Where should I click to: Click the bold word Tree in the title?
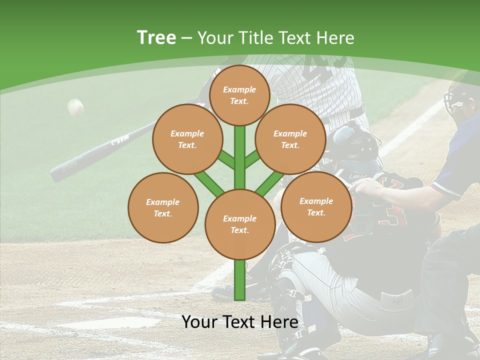(156, 37)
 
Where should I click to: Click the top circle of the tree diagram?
(239, 95)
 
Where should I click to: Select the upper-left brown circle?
(187, 139)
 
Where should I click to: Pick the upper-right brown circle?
(290, 139)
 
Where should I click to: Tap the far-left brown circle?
(163, 207)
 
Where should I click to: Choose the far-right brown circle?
(316, 206)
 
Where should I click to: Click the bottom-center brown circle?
(239, 224)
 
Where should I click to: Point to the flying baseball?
(75, 107)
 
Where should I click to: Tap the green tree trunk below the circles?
(240, 280)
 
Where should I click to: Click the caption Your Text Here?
(240, 322)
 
